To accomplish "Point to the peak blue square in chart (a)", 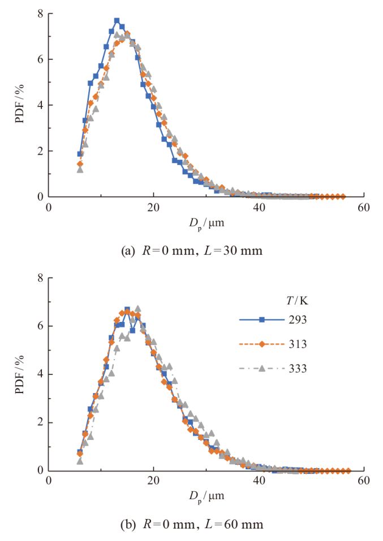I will (x=117, y=21).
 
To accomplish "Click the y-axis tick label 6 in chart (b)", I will (x=40, y=326).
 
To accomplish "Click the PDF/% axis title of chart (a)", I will (x=20, y=105).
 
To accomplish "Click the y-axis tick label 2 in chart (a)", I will (x=40, y=151).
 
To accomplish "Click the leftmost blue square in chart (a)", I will (x=80, y=154).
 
